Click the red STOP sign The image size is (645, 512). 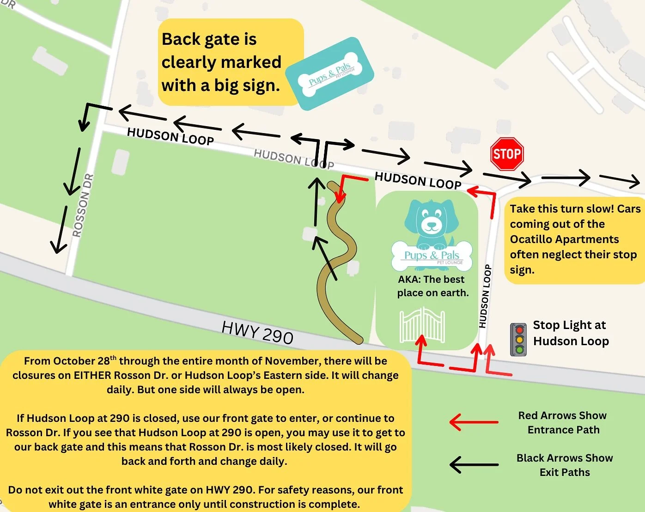pos(507,154)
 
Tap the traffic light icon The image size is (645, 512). pos(519,340)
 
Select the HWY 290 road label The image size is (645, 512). pos(257,332)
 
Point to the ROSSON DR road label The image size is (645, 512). pos(84,206)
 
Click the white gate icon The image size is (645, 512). pos(422,326)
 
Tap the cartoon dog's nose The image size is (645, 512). pos(432,226)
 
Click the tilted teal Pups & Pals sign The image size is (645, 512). pos(329,74)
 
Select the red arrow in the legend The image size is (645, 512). pos(474,422)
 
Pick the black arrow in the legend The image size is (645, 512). pos(474,465)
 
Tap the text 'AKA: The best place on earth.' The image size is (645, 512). pos(432,286)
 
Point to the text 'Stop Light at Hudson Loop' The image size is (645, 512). pos(571,333)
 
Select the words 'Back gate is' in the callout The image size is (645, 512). pos(209,39)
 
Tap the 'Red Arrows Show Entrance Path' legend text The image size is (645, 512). pos(563,423)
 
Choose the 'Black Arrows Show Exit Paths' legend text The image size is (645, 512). pos(565,465)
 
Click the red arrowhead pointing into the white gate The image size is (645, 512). pos(421,341)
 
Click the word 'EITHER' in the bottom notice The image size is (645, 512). pos(92,375)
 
